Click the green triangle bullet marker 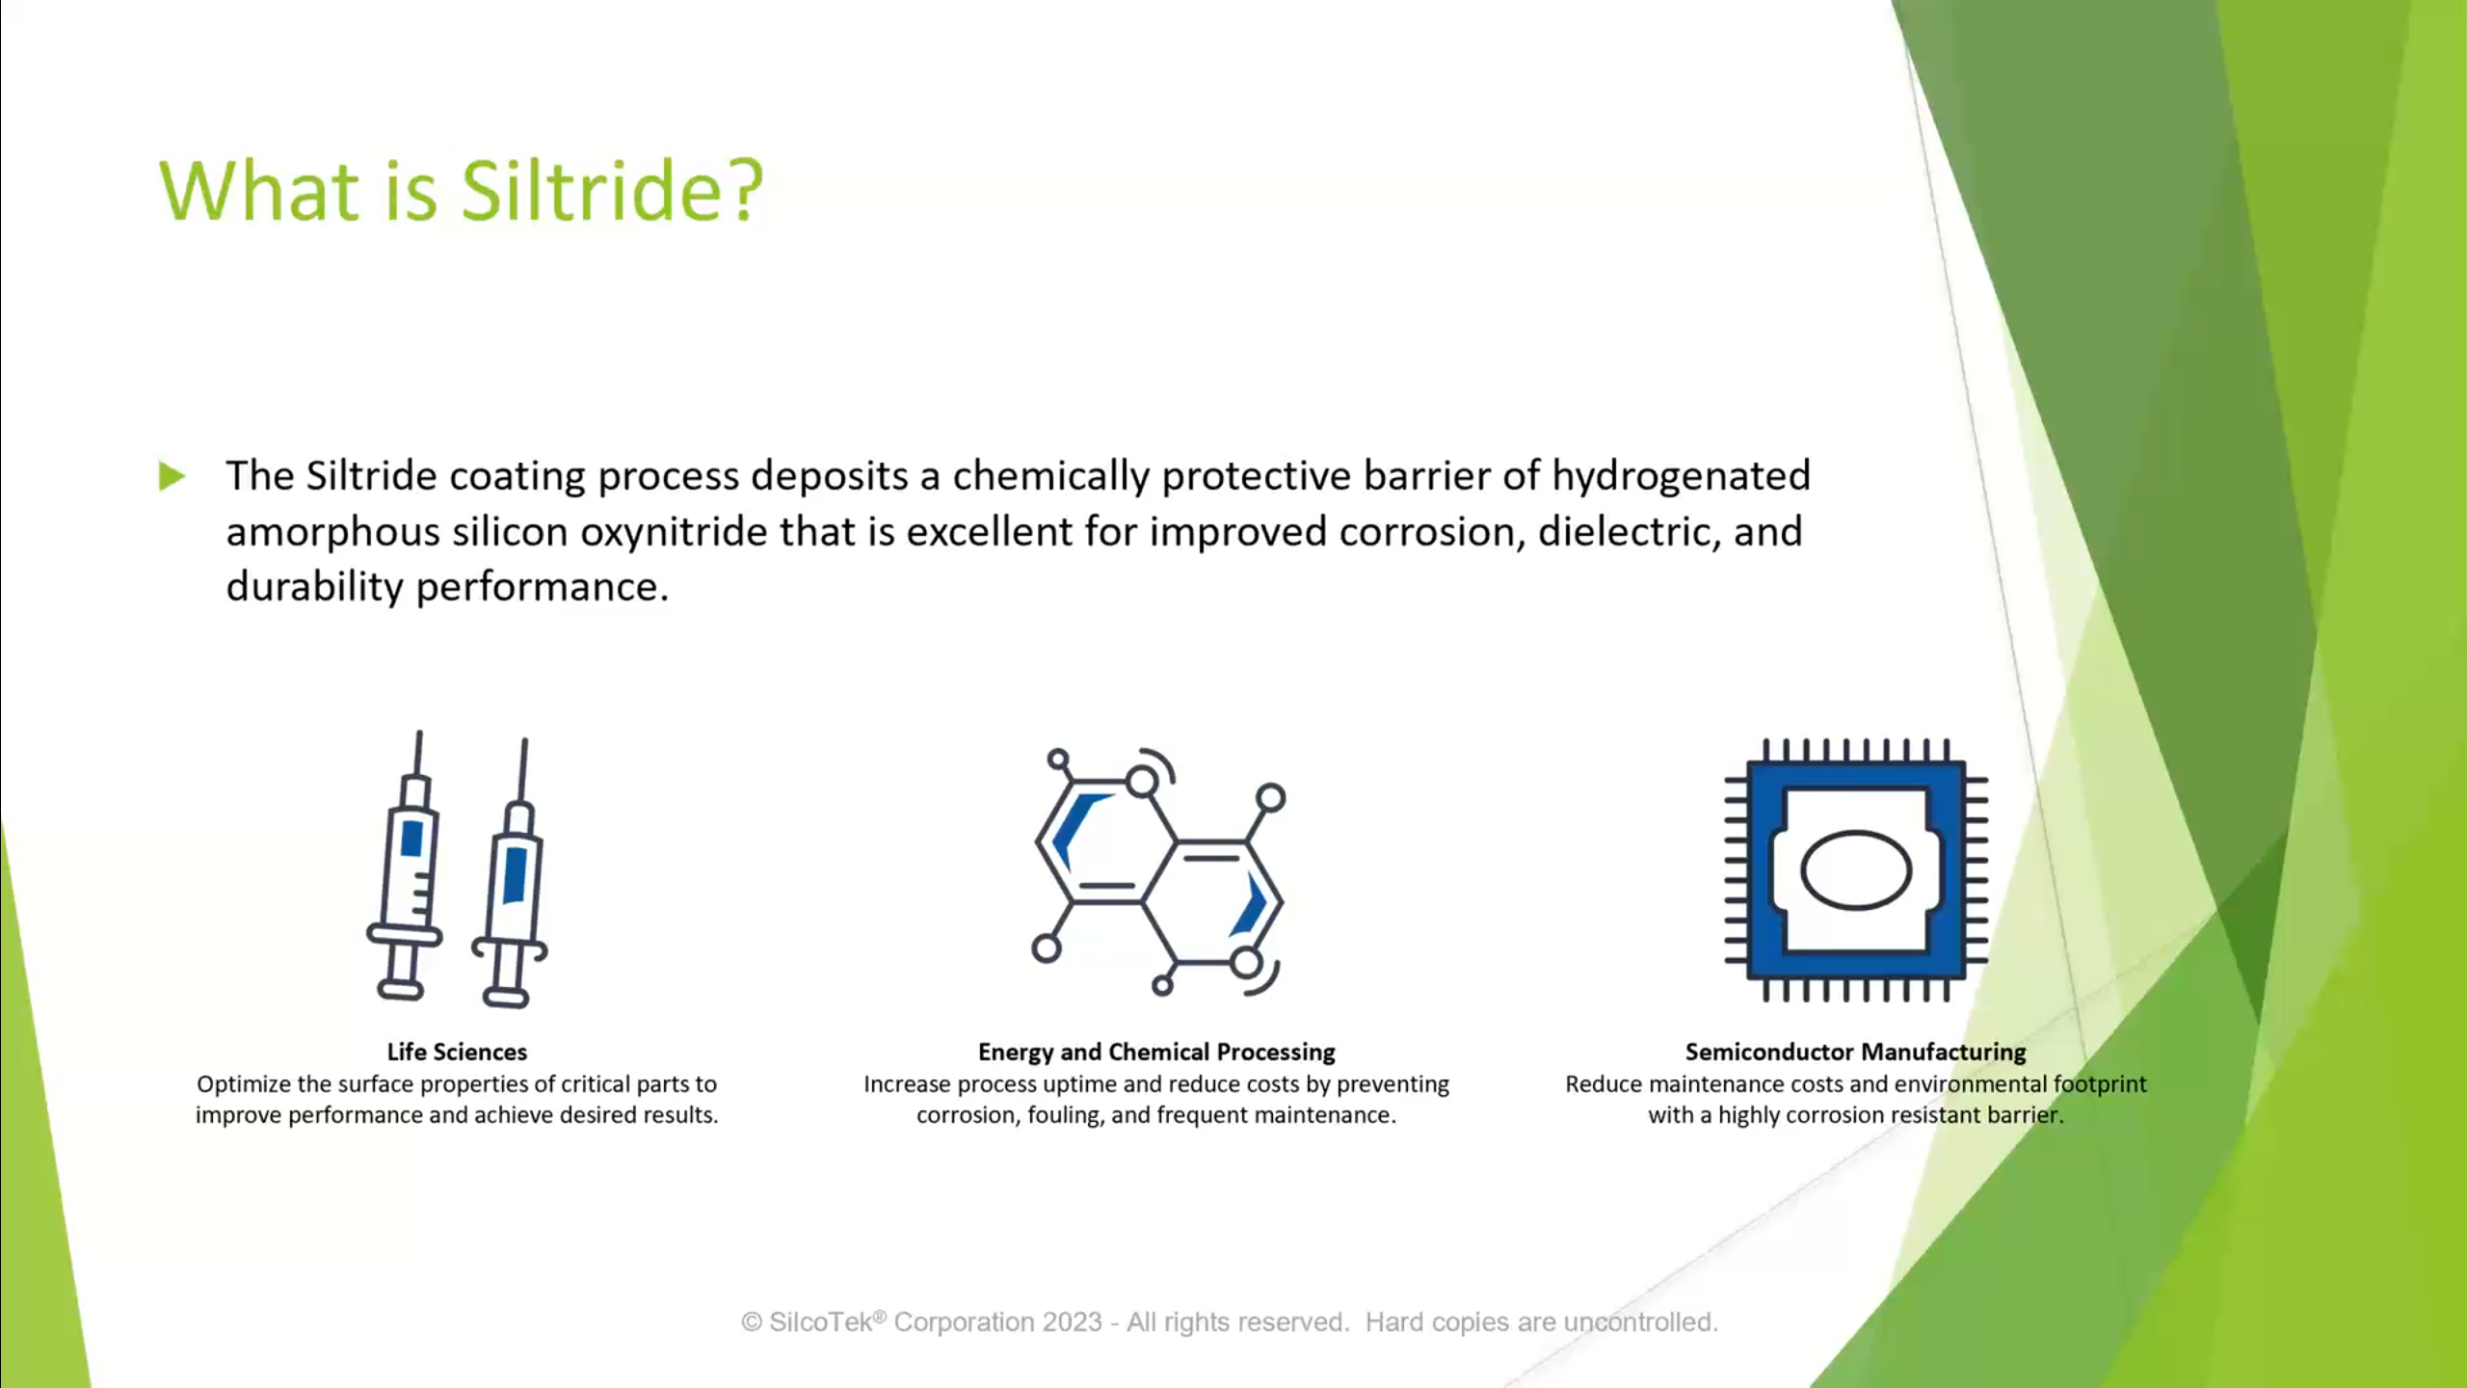(x=172, y=476)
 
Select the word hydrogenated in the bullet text (x=1681, y=476)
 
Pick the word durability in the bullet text (x=314, y=587)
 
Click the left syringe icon (x=405, y=865)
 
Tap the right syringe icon (x=511, y=872)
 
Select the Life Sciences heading (x=457, y=1052)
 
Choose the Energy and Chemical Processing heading (x=1156, y=1052)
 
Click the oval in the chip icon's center (x=1856, y=870)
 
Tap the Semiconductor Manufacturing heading (x=1855, y=1052)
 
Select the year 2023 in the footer (x=1071, y=1322)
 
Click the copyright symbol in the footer (x=752, y=1322)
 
